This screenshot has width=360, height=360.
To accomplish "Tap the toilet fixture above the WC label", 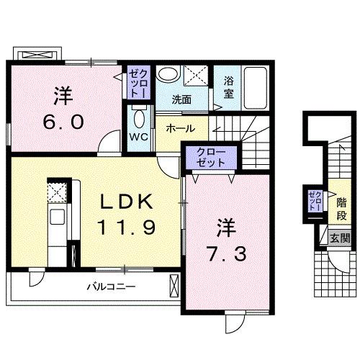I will pyautogui.click(x=140, y=117).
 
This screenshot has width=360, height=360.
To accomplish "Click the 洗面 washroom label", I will pyautogui.click(x=181, y=100).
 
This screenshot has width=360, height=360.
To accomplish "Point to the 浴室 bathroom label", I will pyautogui.click(x=228, y=88).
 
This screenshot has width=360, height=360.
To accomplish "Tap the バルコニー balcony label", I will pyautogui.click(x=112, y=287).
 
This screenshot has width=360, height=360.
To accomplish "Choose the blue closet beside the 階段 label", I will pyautogui.click(x=313, y=201).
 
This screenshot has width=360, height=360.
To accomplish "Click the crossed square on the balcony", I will pyautogui.click(x=174, y=287).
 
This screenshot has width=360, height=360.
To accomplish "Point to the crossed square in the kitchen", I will pyautogui.click(x=57, y=192).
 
